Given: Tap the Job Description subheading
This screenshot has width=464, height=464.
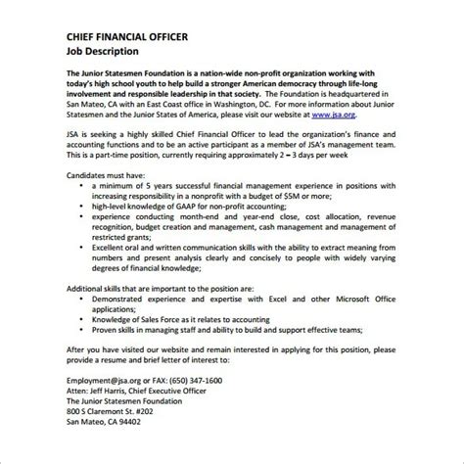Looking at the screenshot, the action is click(x=103, y=52).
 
